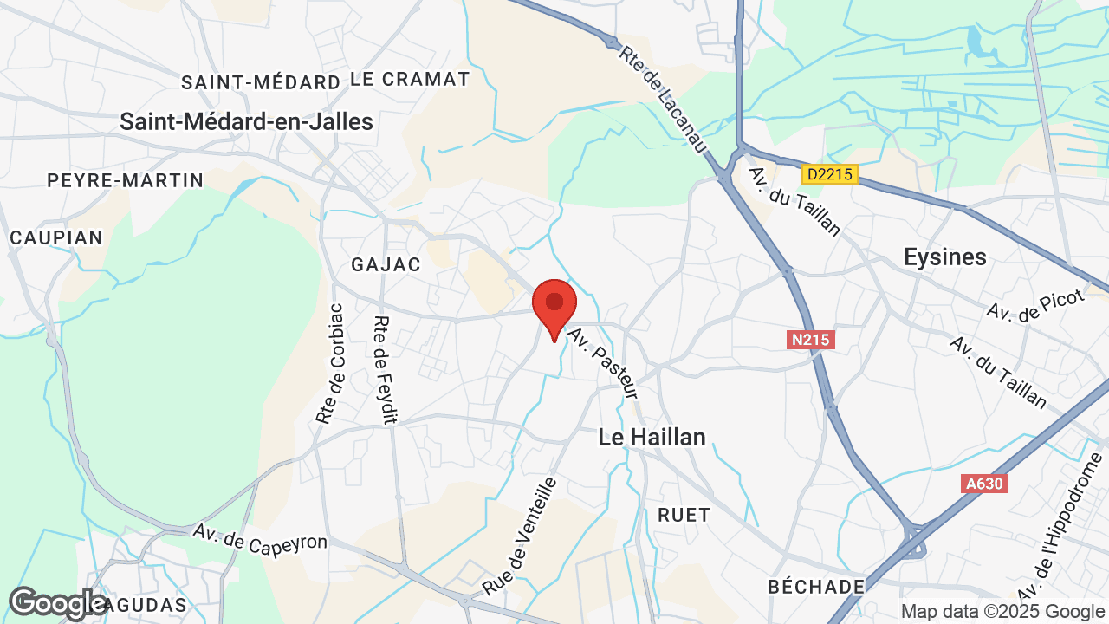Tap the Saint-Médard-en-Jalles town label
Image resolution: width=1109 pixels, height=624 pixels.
(x=246, y=122)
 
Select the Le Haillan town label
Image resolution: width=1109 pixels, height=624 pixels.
(x=652, y=438)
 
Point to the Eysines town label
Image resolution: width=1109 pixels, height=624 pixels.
(x=944, y=257)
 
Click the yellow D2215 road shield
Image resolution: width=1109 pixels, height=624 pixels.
(x=829, y=175)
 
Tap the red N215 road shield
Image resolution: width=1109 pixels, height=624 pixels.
(x=811, y=341)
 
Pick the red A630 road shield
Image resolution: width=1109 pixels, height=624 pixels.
(x=985, y=484)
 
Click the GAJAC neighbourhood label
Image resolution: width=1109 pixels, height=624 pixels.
(x=386, y=264)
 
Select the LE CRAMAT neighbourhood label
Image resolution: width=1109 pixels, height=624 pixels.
(x=410, y=80)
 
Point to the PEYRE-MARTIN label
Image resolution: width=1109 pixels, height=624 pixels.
(x=126, y=181)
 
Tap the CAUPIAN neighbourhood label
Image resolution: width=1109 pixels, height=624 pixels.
(x=56, y=237)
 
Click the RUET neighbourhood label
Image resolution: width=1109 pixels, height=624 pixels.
(x=684, y=515)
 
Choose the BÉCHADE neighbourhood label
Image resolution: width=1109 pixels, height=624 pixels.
(x=816, y=587)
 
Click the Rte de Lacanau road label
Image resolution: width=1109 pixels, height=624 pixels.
(x=661, y=96)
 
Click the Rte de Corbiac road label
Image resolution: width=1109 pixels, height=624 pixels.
(x=330, y=364)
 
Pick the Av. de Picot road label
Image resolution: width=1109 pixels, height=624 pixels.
(x=1035, y=307)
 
